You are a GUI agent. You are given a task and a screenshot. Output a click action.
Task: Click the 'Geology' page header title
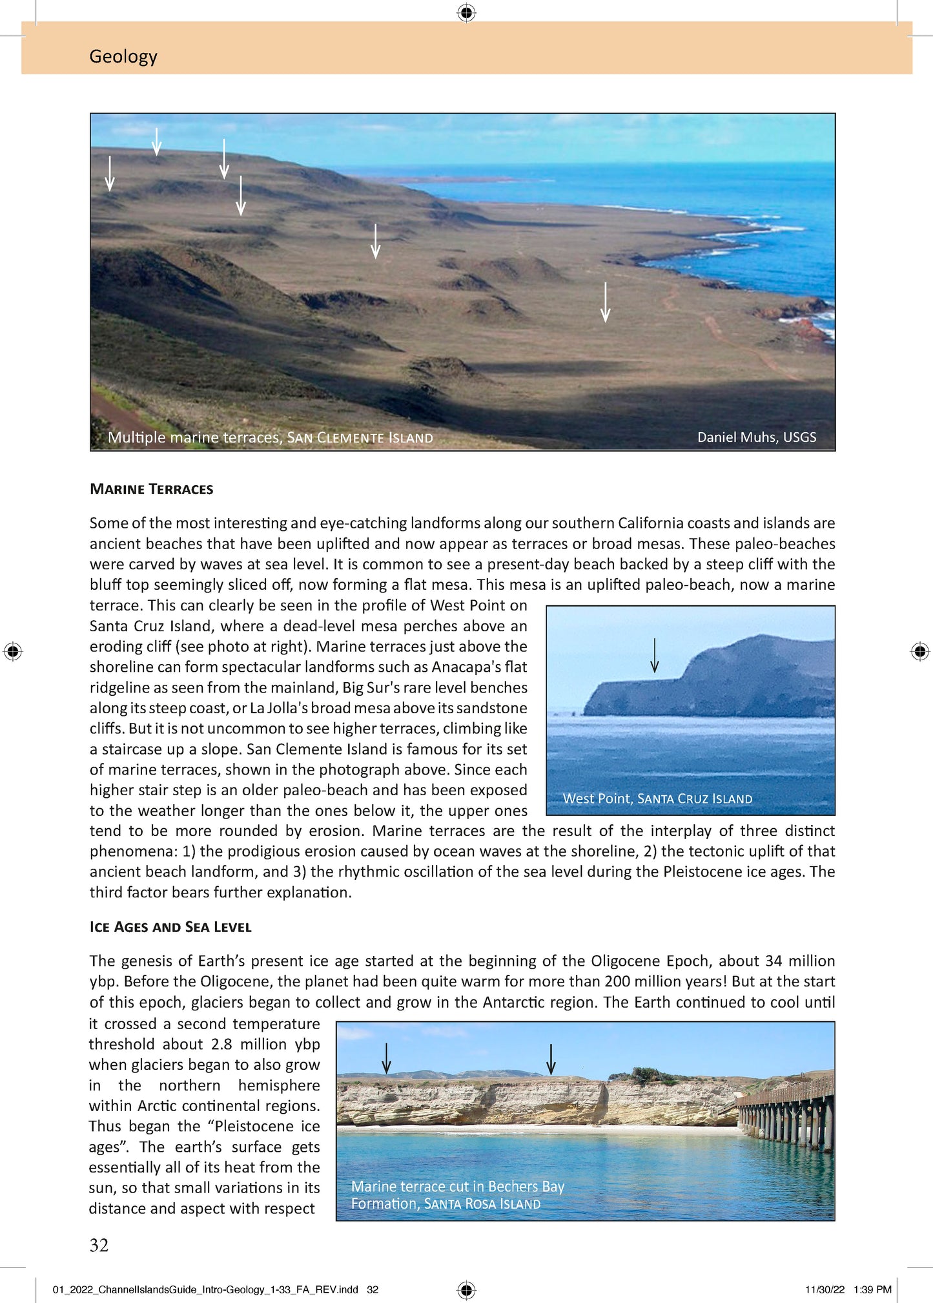pyautogui.click(x=123, y=56)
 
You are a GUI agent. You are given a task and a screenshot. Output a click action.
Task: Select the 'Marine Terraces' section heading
pyautogui.click(x=151, y=489)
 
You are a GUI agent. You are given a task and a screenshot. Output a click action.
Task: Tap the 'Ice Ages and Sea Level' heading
pyautogui.click(x=170, y=927)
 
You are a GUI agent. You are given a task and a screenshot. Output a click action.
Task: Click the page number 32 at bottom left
pyautogui.click(x=99, y=1246)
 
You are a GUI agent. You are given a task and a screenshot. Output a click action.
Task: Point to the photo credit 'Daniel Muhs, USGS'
pyautogui.click(x=756, y=437)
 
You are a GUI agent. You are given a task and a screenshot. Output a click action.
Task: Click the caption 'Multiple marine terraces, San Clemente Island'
pyautogui.click(x=270, y=437)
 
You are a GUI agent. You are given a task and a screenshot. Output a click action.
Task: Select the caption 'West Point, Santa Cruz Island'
pyautogui.click(x=657, y=798)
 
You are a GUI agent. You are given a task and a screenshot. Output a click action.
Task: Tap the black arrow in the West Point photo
pyautogui.click(x=654, y=656)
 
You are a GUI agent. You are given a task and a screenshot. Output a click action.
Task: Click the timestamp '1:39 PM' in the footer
pyautogui.click(x=872, y=1289)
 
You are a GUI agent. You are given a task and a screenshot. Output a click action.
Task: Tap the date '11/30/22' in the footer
pyautogui.click(x=825, y=1289)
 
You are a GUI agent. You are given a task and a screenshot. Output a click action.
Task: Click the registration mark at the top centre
pyautogui.click(x=466, y=12)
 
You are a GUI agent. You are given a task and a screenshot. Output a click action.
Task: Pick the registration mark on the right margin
pyautogui.click(x=920, y=651)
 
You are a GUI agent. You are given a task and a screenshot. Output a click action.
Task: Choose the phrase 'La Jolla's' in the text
pyautogui.click(x=282, y=708)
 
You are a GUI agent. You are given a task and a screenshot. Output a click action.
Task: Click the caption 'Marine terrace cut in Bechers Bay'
pyautogui.click(x=457, y=1186)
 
